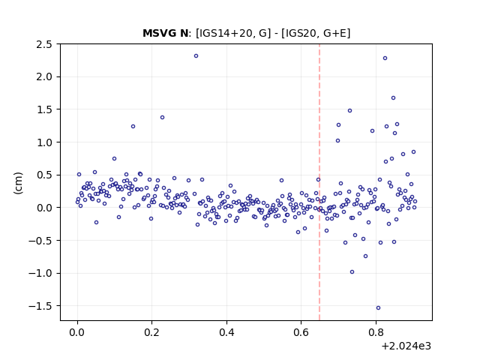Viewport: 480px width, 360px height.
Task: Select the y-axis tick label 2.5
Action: click(44, 44)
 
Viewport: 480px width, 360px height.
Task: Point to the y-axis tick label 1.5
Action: click(44, 109)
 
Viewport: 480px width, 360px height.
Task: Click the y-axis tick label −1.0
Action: click(40, 273)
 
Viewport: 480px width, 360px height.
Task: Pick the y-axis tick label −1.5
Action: click(40, 306)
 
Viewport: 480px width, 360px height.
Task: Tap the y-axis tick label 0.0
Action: click(44, 208)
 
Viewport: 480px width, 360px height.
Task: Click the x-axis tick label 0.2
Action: click(151, 332)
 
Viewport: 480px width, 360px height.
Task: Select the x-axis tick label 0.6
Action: click(301, 332)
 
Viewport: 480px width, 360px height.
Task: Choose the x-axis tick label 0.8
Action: click(376, 332)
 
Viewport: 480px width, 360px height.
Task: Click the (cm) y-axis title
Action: click(18, 183)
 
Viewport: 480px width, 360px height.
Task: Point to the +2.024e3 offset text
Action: click(406, 346)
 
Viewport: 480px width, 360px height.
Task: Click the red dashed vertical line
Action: click(319, 182)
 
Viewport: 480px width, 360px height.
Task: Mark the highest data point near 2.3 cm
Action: click(196, 55)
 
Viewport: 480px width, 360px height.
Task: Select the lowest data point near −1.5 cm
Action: click(378, 307)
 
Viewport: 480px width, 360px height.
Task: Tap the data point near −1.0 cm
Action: click(352, 271)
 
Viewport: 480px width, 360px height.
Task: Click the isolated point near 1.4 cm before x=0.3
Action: click(162, 117)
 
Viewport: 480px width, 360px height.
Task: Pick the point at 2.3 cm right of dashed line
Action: click(385, 58)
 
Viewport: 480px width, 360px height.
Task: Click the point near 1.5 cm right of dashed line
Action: click(349, 110)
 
